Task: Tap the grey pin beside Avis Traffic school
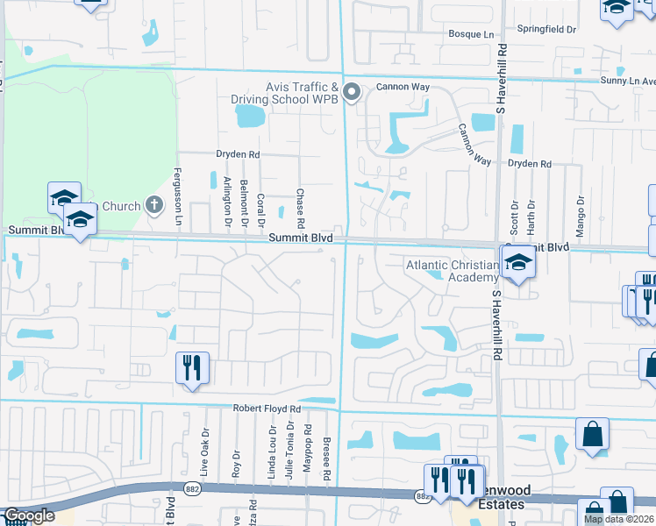tap(352, 91)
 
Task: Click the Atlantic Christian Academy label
tap(451, 271)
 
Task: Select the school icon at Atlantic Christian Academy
tap(517, 262)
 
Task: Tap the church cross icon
tap(154, 206)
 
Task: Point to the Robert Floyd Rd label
tap(267, 409)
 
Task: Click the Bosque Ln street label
tap(472, 33)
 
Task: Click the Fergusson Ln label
tap(177, 197)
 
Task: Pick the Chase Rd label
tap(300, 206)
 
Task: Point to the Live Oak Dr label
tap(205, 454)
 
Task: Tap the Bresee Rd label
tap(326, 458)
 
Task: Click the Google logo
tap(29, 516)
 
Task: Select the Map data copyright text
tap(619, 519)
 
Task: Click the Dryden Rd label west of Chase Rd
tap(238, 154)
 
